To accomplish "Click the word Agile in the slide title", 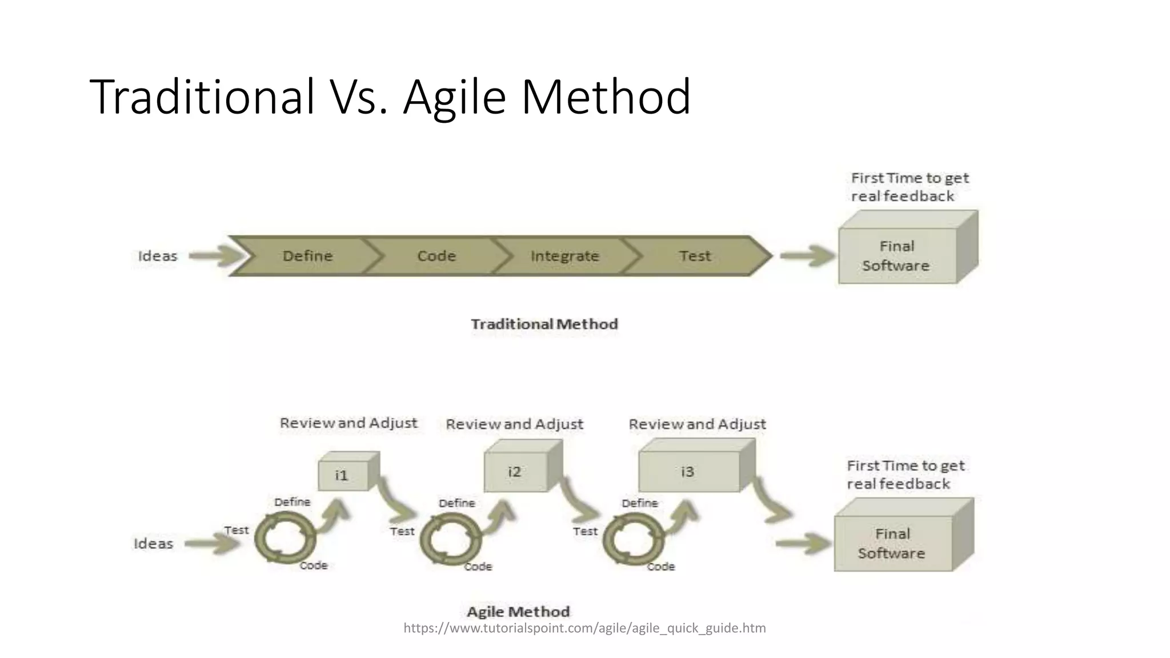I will (454, 97).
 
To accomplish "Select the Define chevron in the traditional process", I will (307, 256).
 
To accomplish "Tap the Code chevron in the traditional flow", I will (436, 256).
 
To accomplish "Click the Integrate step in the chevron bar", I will (564, 256).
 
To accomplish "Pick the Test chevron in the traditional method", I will (695, 256).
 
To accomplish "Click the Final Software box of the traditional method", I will (897, 255).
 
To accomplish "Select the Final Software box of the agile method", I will (892, 543).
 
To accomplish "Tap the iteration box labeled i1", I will (342, 475).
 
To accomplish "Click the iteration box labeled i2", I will (515, 472).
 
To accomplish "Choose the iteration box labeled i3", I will (688, 472).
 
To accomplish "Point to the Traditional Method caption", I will (544, 324).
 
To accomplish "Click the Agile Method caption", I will (518, 612).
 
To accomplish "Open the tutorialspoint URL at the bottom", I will (584, 628).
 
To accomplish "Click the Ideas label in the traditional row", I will (158, 256).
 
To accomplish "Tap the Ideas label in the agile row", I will (153, 543).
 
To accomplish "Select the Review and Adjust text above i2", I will (514, 424).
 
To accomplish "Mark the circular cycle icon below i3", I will (632, 539).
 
